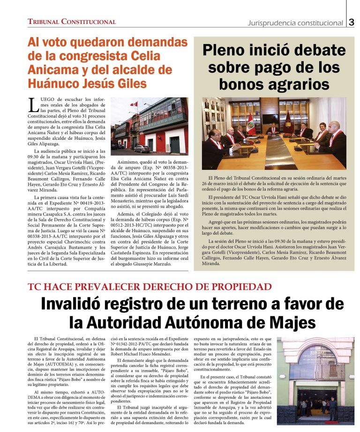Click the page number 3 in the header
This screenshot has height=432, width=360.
point(352,22)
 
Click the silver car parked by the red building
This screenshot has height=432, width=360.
point(142,149)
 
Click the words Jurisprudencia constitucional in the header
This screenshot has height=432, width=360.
point(295,23)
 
